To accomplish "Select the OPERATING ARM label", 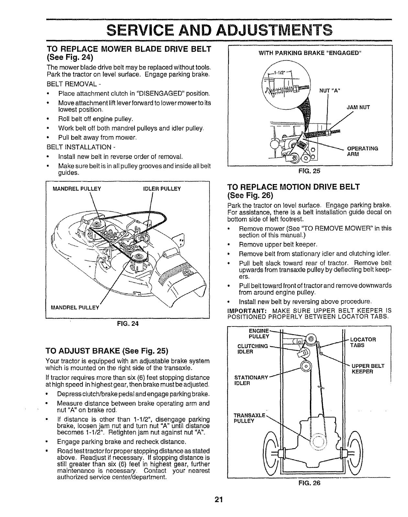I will pos(363,151).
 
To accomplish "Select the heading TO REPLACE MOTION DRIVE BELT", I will pos(294,187).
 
